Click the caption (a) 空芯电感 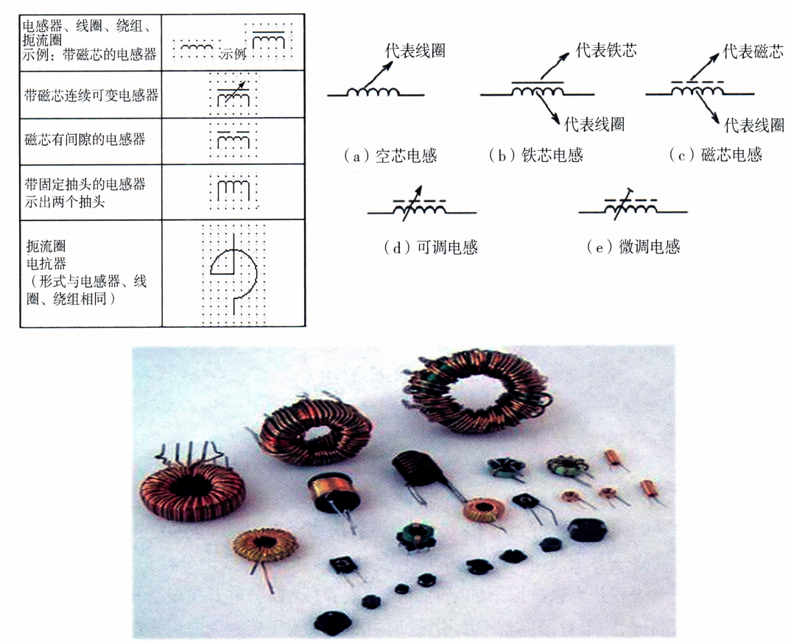click(390, 155)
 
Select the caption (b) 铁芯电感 click(536, 155)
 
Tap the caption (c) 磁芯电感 click(715, 155)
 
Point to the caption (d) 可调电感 click(431, 247)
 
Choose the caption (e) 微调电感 click(633, 247)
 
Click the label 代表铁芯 click(606, 50)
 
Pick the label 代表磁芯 click(753, 51)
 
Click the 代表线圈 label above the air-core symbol click(415, 50)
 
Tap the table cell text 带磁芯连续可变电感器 click(91, 95)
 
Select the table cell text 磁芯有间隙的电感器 click(85, 138)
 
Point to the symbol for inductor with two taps click(233, 189)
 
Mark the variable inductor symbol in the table click(233, 94)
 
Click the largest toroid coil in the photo click(477, 391)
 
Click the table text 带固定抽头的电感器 click(85, 183)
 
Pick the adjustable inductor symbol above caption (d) click(422, 208)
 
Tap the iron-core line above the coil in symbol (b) click(537, 82)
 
